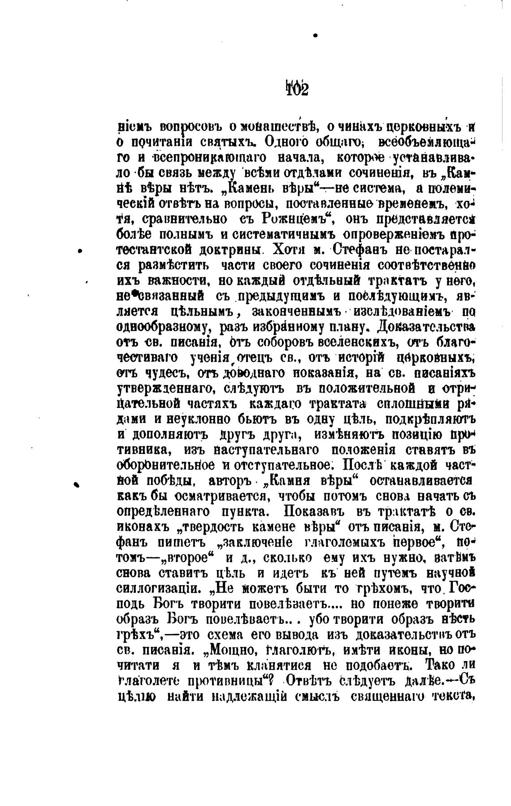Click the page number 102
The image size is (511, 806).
296,89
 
